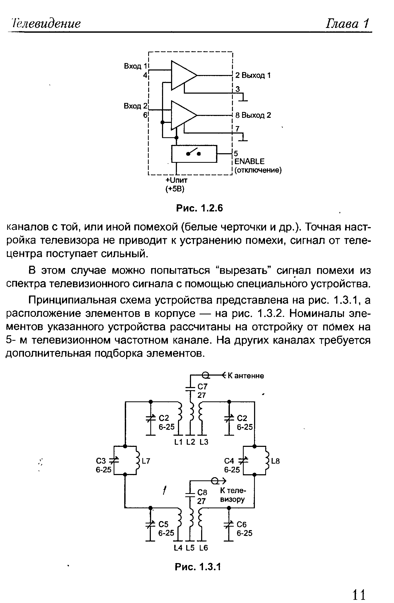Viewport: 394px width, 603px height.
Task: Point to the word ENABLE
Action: point(249,161)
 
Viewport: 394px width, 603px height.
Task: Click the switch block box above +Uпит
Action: point(194,154)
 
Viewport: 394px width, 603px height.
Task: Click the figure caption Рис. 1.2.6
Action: point(199,208)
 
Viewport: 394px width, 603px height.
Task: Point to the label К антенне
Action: point(246,376)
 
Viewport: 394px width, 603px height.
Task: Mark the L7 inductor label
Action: point(146,461)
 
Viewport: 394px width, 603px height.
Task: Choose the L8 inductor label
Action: point(276,461)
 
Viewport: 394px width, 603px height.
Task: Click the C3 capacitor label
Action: point(101,460)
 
